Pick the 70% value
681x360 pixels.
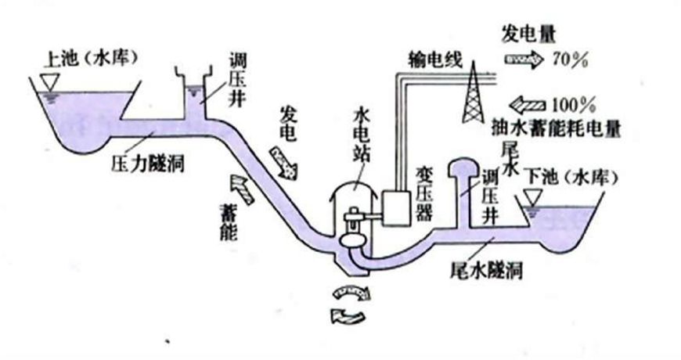click(x=571, y=59)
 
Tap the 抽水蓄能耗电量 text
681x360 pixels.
click(x=550, y=125)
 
